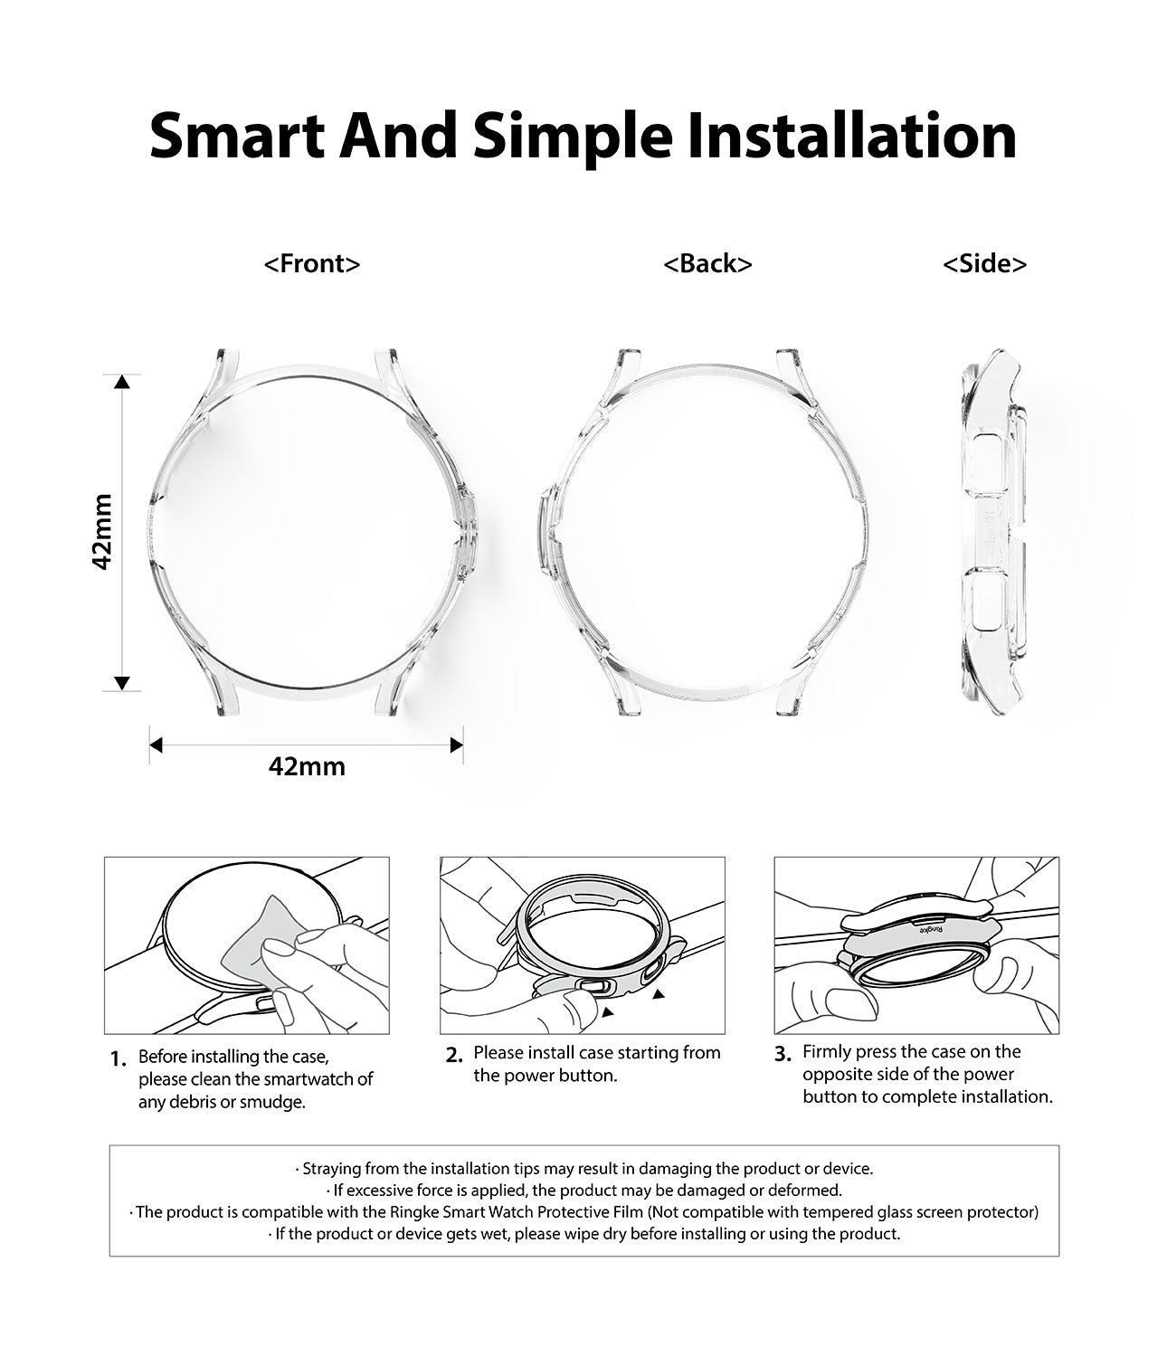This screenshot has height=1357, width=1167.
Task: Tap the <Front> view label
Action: [312, 263]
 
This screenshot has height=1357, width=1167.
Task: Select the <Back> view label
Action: [707, 263]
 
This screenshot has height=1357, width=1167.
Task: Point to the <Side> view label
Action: [984, 263]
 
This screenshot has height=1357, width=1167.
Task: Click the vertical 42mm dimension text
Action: [103, 531]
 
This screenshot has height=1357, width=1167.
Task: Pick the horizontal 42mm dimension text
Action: [307, 766]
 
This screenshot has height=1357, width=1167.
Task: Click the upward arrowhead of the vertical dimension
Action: [123, 382]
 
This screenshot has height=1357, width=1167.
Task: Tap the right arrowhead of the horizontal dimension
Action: [457, 745]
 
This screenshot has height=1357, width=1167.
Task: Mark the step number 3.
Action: [783, 1054]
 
